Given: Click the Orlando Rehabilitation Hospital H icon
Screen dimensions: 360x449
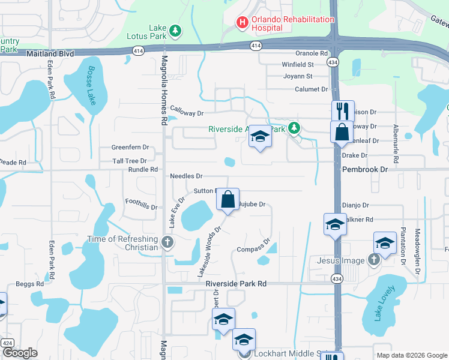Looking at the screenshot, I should coord(243,23).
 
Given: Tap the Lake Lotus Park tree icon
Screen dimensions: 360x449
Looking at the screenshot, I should coord(175,29).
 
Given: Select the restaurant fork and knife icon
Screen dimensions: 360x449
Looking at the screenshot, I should coord(343,110).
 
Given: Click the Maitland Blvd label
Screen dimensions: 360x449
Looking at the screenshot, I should coord(50,54).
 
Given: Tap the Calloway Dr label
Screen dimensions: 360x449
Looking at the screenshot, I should coord(187,111).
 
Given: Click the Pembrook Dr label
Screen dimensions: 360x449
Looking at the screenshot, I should coord(366,170).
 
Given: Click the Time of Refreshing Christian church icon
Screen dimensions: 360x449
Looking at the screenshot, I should coord(167,243).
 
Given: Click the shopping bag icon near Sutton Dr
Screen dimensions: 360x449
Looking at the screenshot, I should coord(228,199).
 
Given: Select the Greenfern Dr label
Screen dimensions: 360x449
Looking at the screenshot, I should coord(130,147).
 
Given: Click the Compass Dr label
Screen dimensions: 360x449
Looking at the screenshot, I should coord(251,249).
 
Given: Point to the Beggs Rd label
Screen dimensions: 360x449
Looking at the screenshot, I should coord(30,283).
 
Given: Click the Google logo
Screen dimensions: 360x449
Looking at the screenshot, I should coord(19,352).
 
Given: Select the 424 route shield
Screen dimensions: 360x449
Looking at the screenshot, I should coord(7,342).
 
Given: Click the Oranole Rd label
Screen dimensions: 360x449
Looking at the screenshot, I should coord(311,53).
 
